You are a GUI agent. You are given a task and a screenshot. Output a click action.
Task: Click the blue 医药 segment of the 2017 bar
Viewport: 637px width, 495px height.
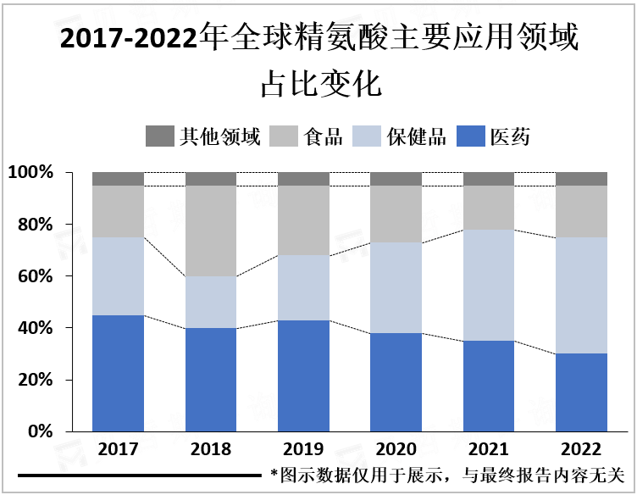118,373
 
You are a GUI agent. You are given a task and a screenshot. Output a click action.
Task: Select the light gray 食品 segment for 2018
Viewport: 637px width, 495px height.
211,231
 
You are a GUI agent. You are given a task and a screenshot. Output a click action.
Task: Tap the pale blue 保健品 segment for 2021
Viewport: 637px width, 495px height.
489,285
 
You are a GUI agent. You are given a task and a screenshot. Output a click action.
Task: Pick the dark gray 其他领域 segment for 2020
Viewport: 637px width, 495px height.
396,179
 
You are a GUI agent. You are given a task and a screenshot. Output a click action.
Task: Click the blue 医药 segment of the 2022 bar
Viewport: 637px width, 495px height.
581,392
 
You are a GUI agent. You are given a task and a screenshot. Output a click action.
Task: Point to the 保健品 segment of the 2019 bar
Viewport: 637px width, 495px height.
303,287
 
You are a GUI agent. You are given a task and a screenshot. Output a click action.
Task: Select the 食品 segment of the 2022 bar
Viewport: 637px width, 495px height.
581,211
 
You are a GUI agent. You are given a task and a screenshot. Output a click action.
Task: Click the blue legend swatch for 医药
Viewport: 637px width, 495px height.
470,136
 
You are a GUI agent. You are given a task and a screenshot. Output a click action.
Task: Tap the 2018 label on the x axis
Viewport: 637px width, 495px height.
211,449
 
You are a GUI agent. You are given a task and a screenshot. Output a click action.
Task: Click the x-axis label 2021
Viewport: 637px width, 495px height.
489,449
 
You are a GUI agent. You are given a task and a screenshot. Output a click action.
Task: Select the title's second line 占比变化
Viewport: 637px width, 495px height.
318,84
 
